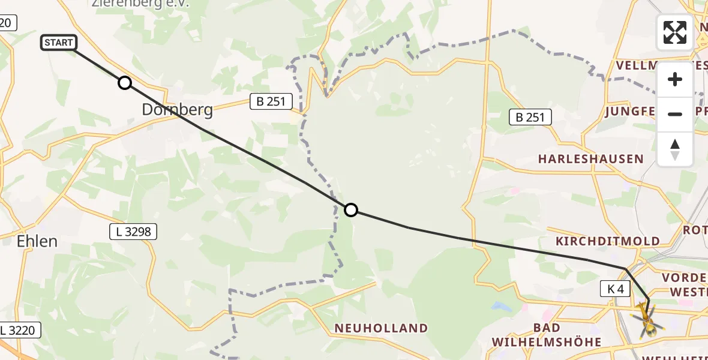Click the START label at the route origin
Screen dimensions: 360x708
(x=59, y=43)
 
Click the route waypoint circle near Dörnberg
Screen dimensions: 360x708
(x=124, y=83)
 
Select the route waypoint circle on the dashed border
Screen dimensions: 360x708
(x=351, y=209)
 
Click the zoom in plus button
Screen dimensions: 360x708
(x=675, y=79)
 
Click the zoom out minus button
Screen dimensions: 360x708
(x=675, y=114)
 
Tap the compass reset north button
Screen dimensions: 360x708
(x=675, y=149)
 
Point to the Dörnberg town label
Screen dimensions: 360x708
(x=177, y=110)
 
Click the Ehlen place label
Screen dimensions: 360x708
(x=37, y=241)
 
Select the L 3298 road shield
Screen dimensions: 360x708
(x=133, y=231)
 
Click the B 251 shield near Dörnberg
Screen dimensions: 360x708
(x=271, y=102)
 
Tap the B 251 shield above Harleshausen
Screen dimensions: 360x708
(x=530, y=117)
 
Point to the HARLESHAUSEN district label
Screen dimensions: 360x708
(x=590, y=159)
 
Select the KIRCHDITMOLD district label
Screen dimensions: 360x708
(x=607, y=241)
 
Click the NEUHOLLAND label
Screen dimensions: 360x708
(x=381, y=328)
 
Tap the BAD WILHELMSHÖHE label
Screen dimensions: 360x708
(x=546, y=335)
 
